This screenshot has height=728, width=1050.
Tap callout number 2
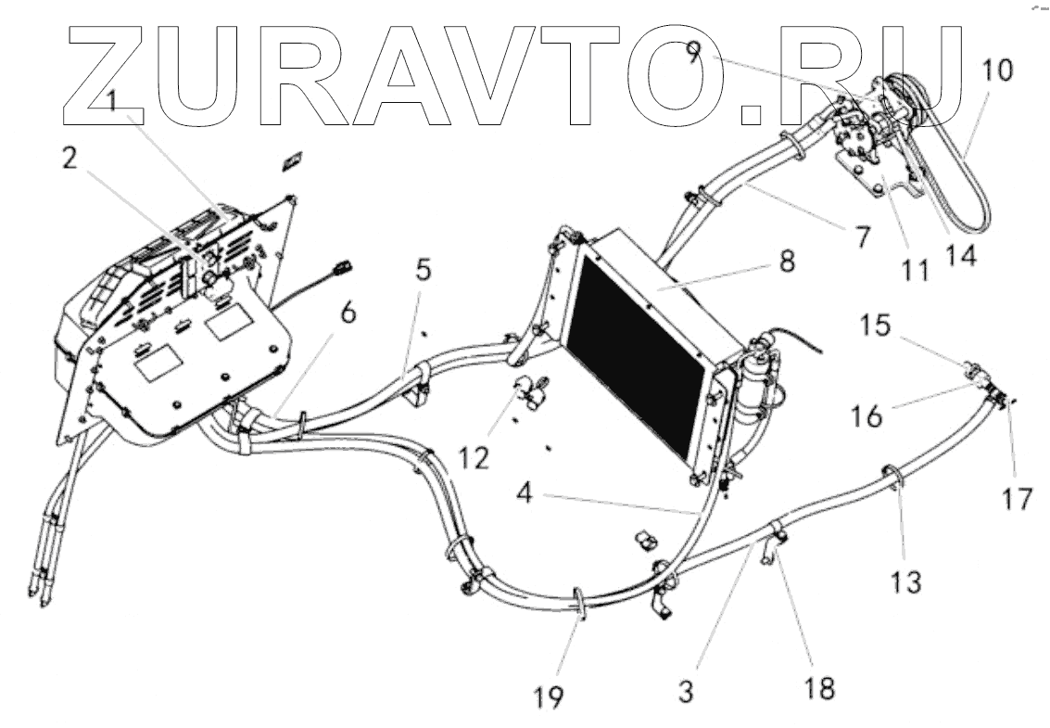(70, 158)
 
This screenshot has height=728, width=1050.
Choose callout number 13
(906, 582)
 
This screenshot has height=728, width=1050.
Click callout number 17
(1016, 499)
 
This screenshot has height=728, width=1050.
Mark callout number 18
(820, 688)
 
